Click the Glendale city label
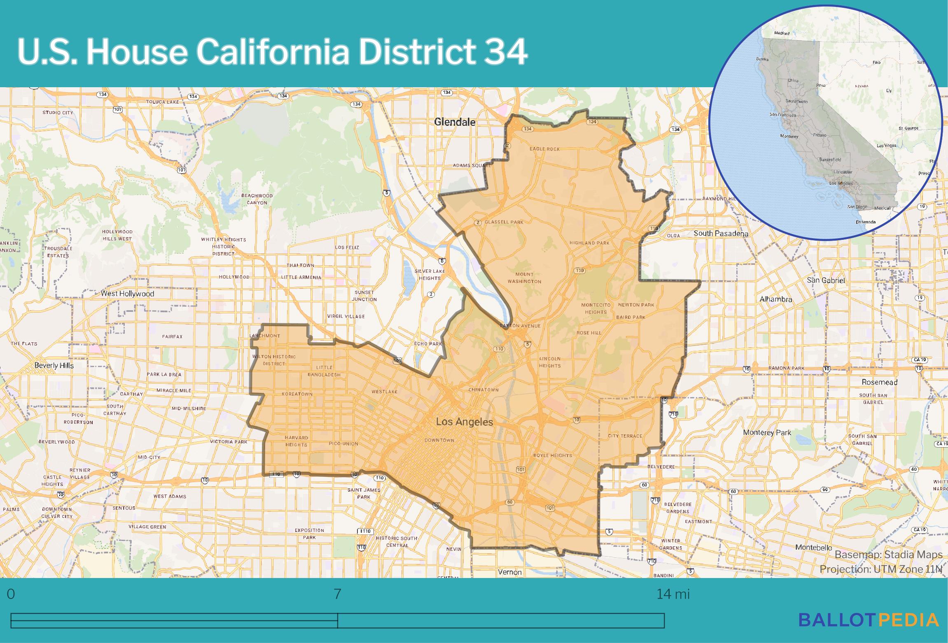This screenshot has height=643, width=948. (455, 122)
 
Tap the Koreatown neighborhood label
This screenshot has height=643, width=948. (297, 394)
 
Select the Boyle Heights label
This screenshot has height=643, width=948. (552, 455)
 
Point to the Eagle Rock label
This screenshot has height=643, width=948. (544, 149)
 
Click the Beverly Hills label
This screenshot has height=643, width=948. (54, 365)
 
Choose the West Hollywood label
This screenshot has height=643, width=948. (127, 294)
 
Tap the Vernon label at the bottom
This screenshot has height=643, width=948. (509, 572)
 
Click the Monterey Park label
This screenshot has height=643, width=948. (767, 432)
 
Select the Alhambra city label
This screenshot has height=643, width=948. (776, 299)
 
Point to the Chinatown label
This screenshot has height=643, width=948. (483, 390)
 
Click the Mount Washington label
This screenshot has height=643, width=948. (524, 278)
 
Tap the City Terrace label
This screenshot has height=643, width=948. (625, 436)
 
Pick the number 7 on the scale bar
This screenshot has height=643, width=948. (337, 594)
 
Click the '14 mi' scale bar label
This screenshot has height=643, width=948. (673, 594)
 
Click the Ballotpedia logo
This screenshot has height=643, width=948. (869, 620)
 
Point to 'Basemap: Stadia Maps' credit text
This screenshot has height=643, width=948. (888, 555)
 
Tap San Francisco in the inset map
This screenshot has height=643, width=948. (782, 115)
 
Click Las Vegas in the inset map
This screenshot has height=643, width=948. (886, 146)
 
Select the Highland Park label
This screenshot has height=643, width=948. (589, 243)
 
